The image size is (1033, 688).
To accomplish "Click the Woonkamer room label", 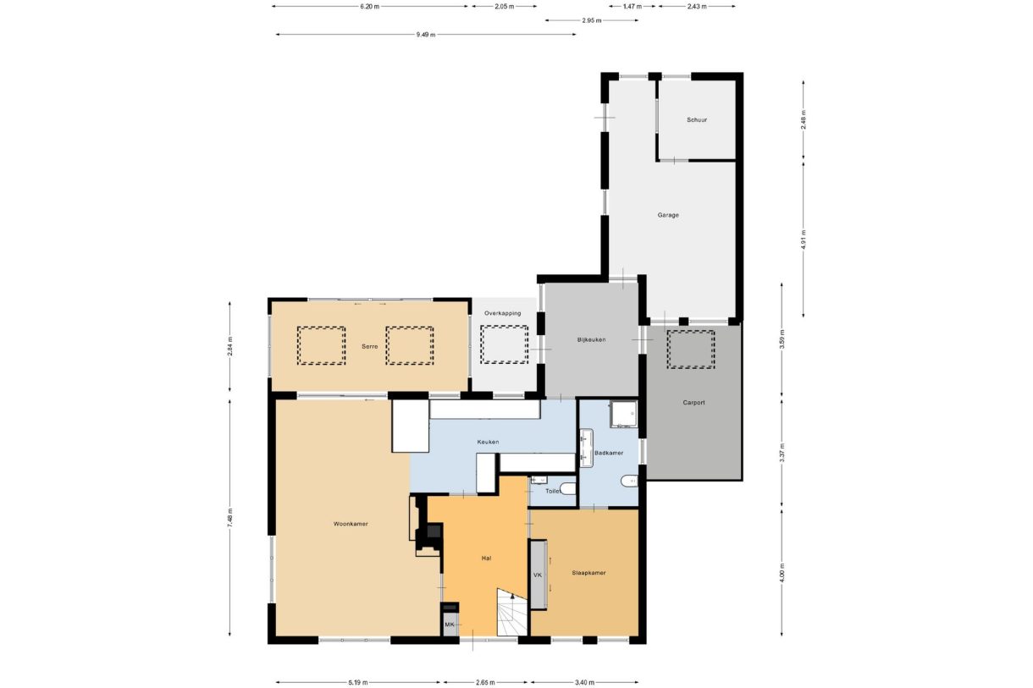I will click(x=351, y=524).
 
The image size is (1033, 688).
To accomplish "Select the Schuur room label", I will click(x=696, y=120).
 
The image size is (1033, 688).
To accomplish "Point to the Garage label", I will click(x=668, y=215).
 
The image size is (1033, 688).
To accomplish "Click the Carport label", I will click(x=693, y=403).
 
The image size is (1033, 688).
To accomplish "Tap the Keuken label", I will click(x=488, y=442).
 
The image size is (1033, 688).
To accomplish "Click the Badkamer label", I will click(x=609, y=453).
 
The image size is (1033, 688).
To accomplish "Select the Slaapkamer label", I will click(x=588, y=572).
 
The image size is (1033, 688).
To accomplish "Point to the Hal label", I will click(x=486, y=559).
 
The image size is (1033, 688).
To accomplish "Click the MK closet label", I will click(x=450, y=625).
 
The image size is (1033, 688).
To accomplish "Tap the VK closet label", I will click(x=537, y=575).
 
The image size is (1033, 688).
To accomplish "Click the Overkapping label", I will click(x=502, y=313).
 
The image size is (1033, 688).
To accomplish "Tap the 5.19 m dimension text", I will click(x=356, y=682).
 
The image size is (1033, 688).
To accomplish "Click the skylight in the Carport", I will click(x=690, y=349).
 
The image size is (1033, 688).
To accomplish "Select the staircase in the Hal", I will click(x=511, y=614).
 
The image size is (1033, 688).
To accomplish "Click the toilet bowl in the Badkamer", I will click(x=630, y=482).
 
